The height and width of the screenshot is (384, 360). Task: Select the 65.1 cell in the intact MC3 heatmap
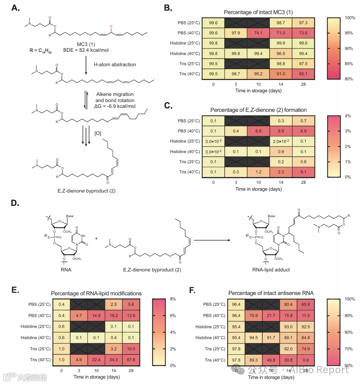[x=303, y=74]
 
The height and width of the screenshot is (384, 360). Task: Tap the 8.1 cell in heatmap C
[x=303, y=172]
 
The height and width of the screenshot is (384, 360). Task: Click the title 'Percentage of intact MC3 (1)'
[x=258, y=12]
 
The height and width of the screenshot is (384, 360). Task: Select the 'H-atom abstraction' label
[x=115, y=64]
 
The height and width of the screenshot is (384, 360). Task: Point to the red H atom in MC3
[x=111, y=26]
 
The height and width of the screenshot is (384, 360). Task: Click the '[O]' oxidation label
[x=98, y=134]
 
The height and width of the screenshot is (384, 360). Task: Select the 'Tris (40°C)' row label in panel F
[x=213, y=360]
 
